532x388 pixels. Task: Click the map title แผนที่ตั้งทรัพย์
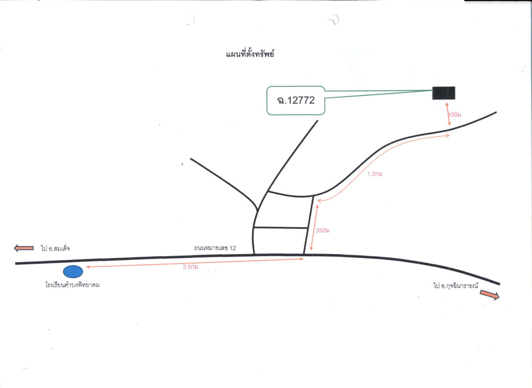coord(250,54)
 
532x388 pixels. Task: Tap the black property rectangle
coord(444,93)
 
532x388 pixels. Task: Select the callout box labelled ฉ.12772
coord(296,101)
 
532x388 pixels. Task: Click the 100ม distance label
coord(455,114)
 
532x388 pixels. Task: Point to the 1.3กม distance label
coord(375,174)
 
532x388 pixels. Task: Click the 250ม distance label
coord(323,230)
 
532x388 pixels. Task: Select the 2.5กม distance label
coord(190,267)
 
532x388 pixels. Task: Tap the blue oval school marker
coord(73,272)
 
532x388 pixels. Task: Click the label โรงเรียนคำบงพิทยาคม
coord(72,285)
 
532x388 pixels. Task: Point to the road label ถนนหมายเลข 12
coord(215,248)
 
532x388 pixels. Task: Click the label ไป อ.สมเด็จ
coord(55,248)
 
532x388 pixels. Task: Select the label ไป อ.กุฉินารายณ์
coord(456,285)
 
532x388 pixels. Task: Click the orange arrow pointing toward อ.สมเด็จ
coord(24,248)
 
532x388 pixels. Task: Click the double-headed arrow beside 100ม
coord(448,114)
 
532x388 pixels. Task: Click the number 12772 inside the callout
coord(301,100)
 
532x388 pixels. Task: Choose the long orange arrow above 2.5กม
coord(195,262)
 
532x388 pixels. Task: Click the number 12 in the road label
coord(233,248)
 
